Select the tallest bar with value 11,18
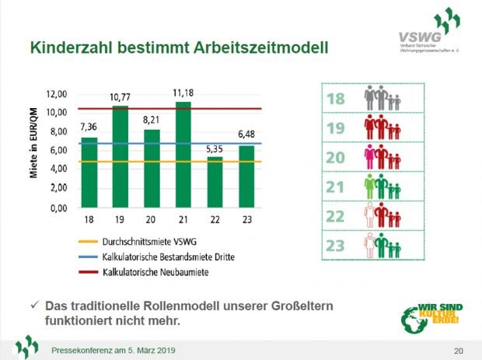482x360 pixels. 184,155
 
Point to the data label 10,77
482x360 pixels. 120,97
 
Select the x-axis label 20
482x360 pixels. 152,220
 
